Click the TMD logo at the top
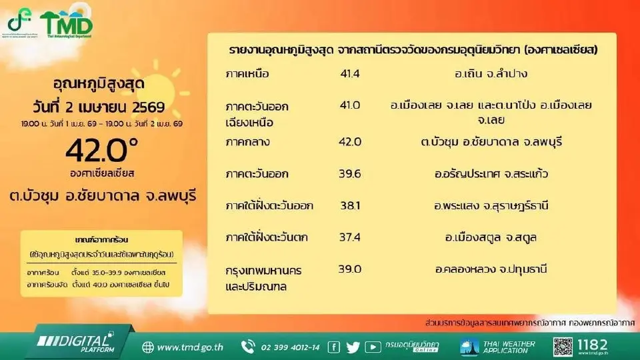[66, 25]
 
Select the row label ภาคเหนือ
[248, 73]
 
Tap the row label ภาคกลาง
[247, 141]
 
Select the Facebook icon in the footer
[334, 347]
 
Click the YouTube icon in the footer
[373, 347]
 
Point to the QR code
[563, 347]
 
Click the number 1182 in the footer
[592, 345]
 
